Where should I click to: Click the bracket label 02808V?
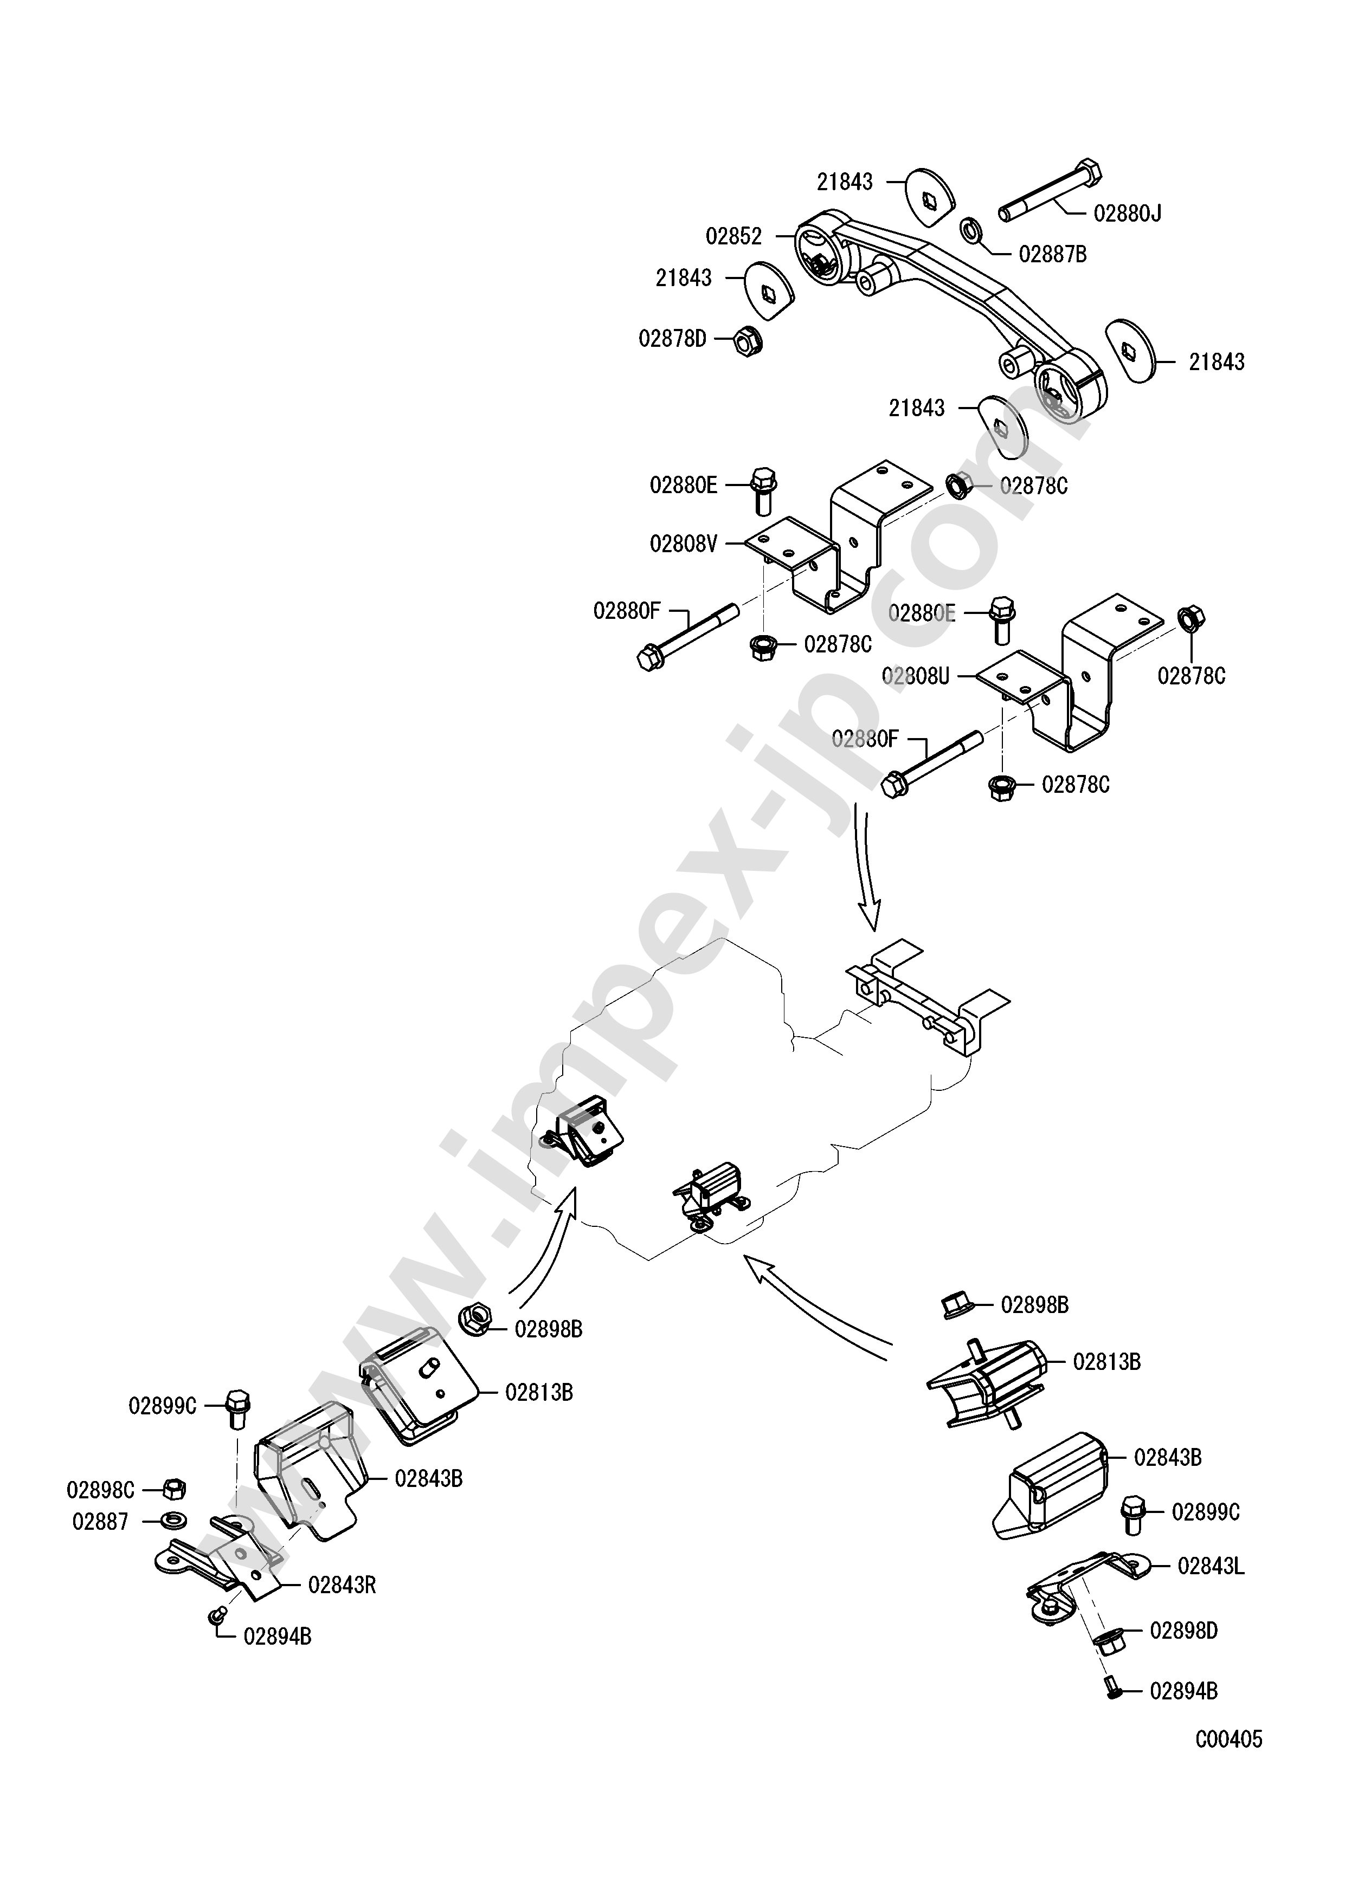click(683, 544)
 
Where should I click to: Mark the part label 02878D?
click(672, 339)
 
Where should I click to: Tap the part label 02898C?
click(100, 1490)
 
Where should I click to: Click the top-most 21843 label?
click(845, 182)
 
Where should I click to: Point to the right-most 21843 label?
click(1217, 362)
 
